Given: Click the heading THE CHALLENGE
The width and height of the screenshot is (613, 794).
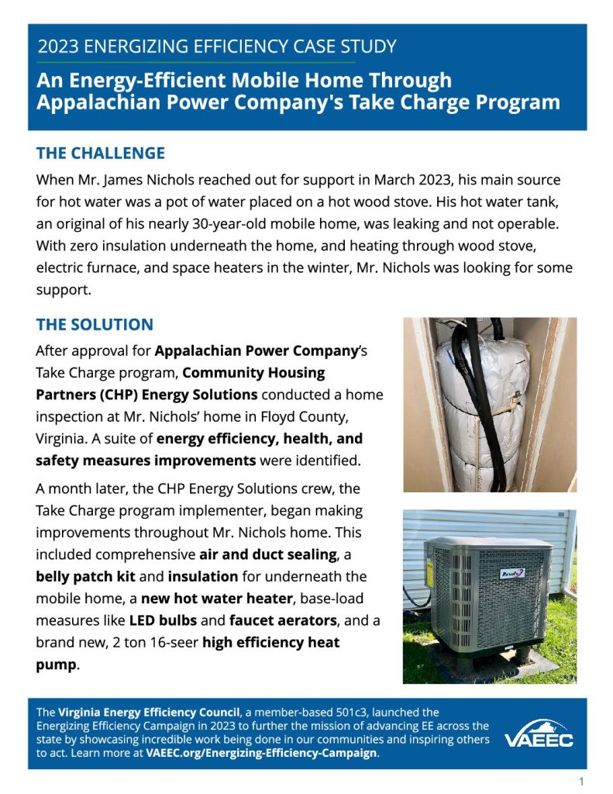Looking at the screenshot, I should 101,154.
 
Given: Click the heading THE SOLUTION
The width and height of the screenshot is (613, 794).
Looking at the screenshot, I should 95,325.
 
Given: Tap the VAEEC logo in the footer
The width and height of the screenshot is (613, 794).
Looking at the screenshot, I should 539,734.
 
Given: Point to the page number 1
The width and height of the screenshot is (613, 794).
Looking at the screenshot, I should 581,781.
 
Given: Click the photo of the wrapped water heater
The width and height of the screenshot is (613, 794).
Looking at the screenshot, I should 489,404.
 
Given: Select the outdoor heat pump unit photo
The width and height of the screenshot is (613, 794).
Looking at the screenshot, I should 489,596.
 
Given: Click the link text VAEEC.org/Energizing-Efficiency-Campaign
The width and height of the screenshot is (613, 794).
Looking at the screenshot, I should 262,753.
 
